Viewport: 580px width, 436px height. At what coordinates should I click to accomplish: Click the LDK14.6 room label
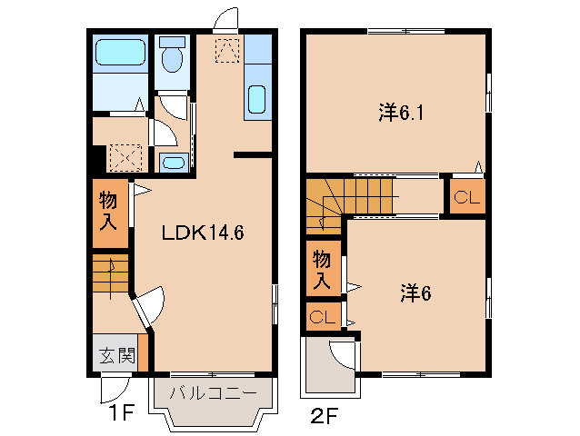[203, 233]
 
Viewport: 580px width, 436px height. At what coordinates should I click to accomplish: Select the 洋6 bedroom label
[414, 292]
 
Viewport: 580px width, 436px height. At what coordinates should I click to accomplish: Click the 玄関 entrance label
[115, 355]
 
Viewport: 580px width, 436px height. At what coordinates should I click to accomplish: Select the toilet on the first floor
[170, 56]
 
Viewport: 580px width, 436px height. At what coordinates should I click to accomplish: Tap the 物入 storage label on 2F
[322, 268]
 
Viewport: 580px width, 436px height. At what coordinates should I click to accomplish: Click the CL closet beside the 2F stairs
[465, 197]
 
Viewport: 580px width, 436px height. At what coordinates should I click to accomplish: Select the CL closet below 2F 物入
[321, 317]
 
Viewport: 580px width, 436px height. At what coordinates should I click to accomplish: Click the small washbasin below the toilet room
[172, 163]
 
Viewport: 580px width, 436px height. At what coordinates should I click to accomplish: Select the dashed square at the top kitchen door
[226, 49]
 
